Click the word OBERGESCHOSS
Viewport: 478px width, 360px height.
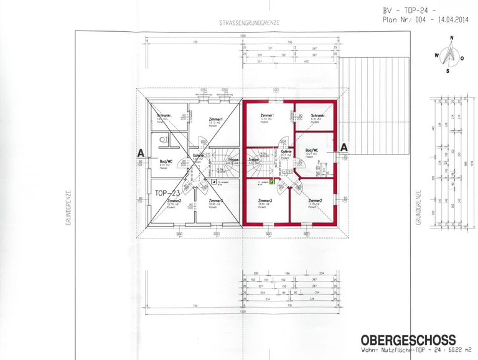(407, 339)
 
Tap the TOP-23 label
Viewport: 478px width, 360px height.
(166, 192)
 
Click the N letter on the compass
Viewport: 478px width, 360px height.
(452, 38)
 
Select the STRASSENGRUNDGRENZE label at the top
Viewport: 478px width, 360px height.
(248, 23)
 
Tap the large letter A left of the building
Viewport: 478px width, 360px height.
(141, 152)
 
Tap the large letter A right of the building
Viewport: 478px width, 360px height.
(344, 148)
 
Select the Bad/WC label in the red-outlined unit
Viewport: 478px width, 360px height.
(311, 150)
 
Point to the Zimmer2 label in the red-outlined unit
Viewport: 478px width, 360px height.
(315, 201)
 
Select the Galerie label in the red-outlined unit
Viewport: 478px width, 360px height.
(286, 152)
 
